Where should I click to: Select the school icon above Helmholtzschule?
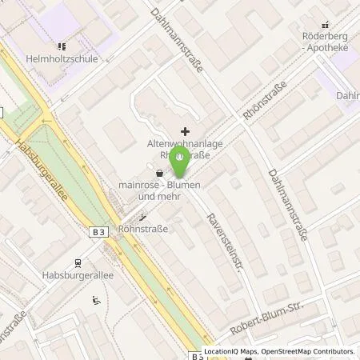coord(62,46)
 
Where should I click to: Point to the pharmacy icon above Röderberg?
coord(325,26)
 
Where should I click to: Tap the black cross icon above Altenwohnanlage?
coord(186,130)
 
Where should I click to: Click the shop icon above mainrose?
coord(159,172)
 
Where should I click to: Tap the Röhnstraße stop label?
coord(143,228)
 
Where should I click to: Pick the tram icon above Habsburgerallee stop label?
coord(78,262)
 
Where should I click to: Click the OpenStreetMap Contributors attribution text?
coord(305,352)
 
